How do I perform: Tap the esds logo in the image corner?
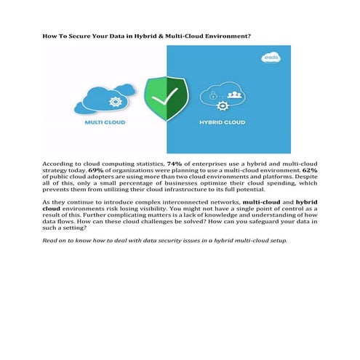(x=271, y=57)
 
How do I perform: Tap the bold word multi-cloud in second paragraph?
(x=262, y=201)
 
